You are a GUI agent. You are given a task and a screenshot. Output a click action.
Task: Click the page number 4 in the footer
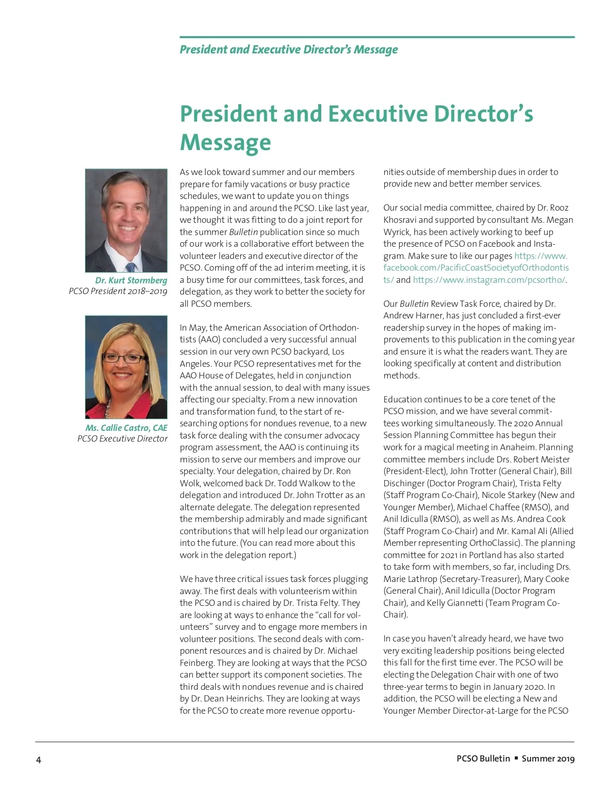click(38, 760)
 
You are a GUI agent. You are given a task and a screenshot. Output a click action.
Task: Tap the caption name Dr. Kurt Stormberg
click(131, 280)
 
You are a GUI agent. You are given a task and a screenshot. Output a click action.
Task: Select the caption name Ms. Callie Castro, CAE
click(126, 428)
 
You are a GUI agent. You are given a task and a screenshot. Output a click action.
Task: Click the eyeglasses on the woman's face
click(124, 358)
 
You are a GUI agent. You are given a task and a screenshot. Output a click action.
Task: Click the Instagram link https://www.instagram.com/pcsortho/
click(489, 280)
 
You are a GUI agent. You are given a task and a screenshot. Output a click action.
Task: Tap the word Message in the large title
click(225, 142)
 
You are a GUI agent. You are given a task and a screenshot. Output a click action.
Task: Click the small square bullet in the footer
click(516, 758)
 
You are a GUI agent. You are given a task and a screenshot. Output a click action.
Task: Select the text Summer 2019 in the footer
click(548, 758)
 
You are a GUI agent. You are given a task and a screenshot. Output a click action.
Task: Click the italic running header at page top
click(289, 49)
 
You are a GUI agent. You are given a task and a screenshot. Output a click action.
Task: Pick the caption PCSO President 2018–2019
click(118, 291)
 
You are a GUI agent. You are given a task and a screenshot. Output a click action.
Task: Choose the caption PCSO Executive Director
click(122, 438)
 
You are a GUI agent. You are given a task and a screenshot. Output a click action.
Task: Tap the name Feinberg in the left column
click(197, 663)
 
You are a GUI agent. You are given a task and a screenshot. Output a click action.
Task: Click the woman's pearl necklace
click(108, 407)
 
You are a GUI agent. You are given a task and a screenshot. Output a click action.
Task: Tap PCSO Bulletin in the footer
click(483, 758)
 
